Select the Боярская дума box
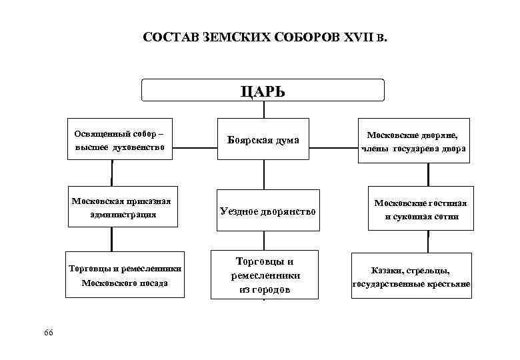263,140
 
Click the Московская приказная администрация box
123,207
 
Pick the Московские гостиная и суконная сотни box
421,209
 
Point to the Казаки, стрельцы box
411,277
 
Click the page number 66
47,332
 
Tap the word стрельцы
427,271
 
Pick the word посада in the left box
153,283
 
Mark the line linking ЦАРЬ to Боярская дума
264,110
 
